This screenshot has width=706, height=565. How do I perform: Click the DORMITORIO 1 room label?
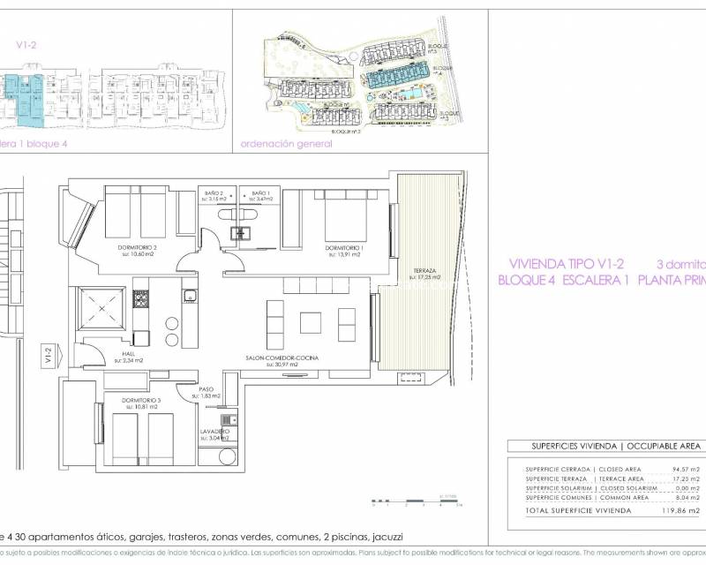(x=342, y=248)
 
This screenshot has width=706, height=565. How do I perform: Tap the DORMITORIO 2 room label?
(x=138, y=248)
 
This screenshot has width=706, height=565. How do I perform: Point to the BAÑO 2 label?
(x=214, y=193)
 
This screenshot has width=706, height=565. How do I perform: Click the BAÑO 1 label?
(x=259, y=193)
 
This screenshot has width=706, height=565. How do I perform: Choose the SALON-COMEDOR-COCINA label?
(x=282, y=358)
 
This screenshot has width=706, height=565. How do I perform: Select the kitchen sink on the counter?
(x=189, y=296)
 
